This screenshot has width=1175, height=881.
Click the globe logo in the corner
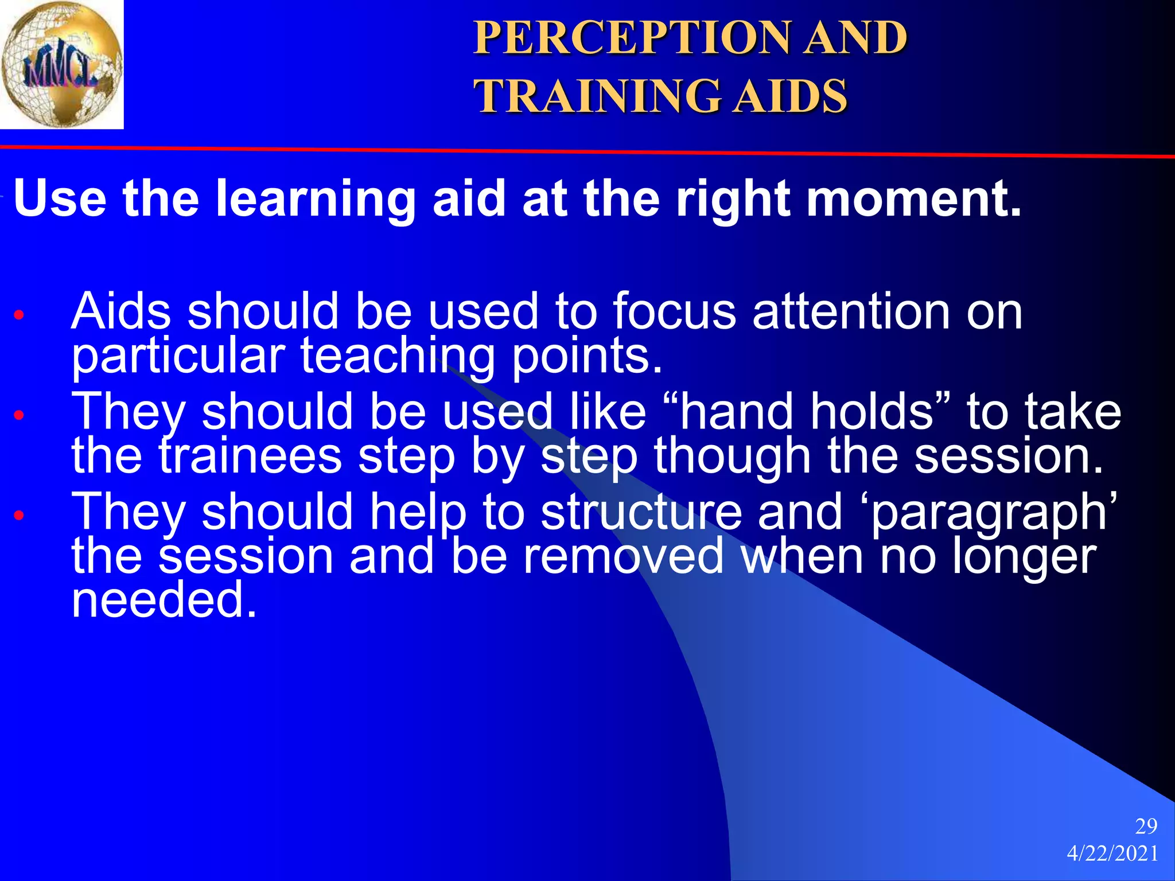(x=61, y=64)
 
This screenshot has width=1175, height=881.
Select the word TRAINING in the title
(x=597, y=96)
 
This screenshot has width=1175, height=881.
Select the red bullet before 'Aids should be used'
(x=19, y=315)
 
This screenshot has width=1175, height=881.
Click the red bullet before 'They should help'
(x=19, y=515)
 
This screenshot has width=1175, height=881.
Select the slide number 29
(x=1146, y=827)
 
